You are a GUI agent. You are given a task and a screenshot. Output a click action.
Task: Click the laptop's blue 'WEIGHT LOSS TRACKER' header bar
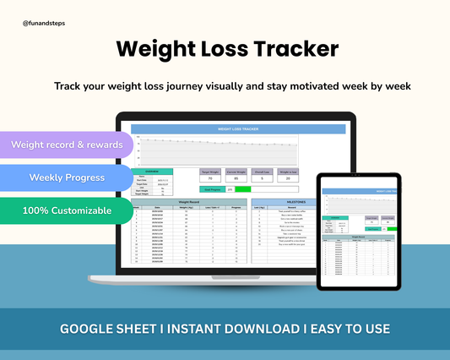point(240,129)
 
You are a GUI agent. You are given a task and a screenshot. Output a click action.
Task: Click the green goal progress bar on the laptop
point(243,189)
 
